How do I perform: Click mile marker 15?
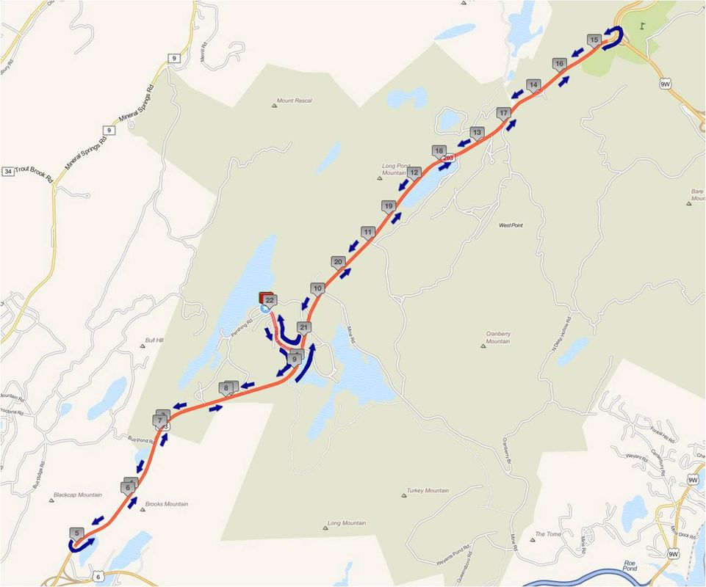coord(595,40)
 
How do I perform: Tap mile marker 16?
coord(559,64)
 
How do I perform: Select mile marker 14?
coord(533,85)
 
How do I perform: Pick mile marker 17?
coord(503,113)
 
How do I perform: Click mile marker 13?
coord(477,133)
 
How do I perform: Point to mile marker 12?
coord(414,172)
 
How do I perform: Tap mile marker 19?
coord(389,206)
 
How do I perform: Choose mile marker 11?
coord(367,232)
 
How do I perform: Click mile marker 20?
coord(338,261)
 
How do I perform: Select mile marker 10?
coord(317,288)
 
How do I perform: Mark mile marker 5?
coord(76,533)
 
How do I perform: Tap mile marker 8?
coord(227,387)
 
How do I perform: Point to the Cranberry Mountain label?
coord(497,337)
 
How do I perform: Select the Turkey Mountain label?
coord(427,491)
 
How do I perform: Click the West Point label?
coord(511,225)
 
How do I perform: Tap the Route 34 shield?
coord(8,172)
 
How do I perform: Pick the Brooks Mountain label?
coord(166,504)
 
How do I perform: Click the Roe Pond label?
coord(629,566)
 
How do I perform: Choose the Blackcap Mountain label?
coord(77,495)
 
